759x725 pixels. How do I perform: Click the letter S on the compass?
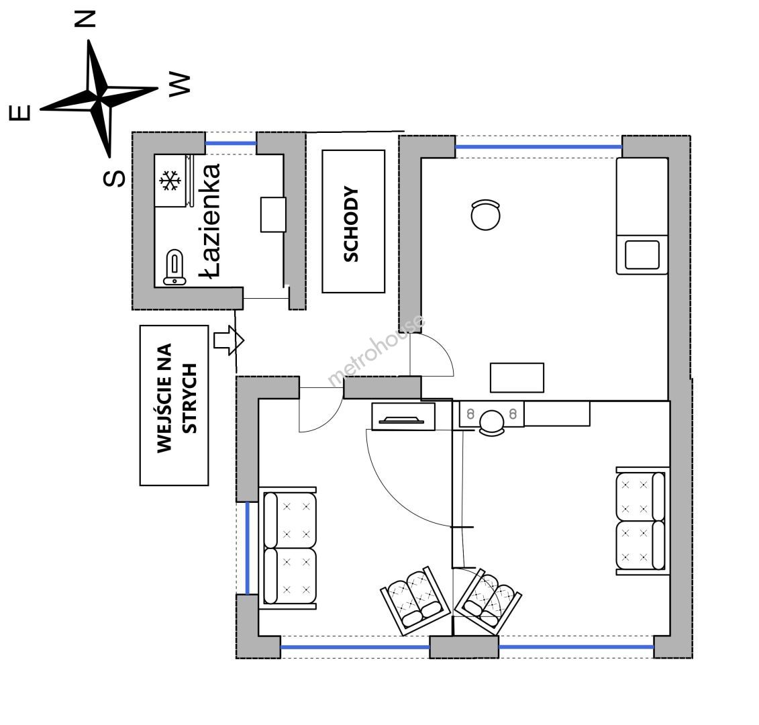(x=115, y=177)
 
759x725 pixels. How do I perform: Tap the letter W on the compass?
(x=179, y=84)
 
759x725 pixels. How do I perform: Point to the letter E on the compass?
(x=19, y=113)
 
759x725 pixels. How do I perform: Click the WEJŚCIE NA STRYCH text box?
(x=174, y=405)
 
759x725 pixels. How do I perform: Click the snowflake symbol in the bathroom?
(x=170, y=181)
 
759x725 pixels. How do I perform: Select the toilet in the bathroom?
(x=174, y=267)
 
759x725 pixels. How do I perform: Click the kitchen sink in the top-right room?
(x=642, y=254)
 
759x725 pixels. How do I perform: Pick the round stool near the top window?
(x=485, y=215)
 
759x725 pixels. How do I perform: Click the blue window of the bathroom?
(x=231, y=143)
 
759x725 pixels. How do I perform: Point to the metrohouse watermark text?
(x=376, y=351)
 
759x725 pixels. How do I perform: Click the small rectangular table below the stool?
(x=517, y=377)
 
